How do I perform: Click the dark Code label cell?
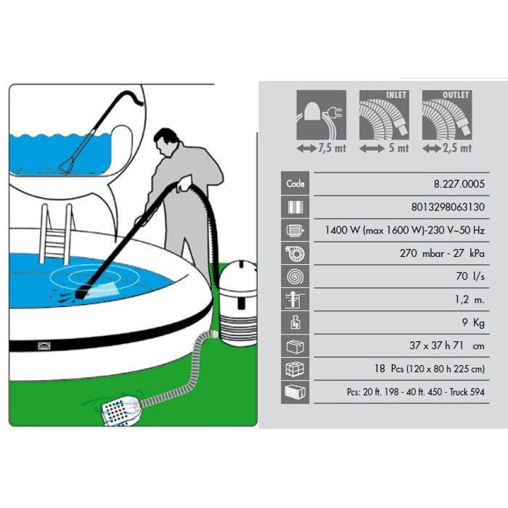click(296, 184)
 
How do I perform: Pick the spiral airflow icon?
click(296, 277)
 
